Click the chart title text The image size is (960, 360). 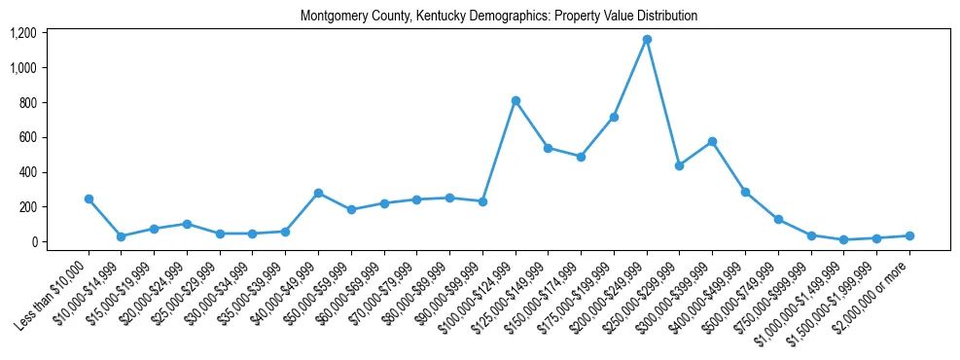pyautogui.click(x=499, y=17)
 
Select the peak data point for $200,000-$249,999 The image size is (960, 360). pyautogui.click(x=647, y=40)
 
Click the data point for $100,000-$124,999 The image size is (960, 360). pyautogui.click(x=516, y=101)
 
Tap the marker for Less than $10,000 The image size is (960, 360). pyautogui.click(x=89, y=198)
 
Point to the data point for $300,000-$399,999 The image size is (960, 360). pyautogui.click(x=713, y=142)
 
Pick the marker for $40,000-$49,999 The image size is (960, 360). pyautogui.click(x=318, y=194)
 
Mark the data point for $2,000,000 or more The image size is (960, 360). pyautogui.click(x=909, y=235)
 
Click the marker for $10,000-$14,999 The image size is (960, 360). pyautogui.click(x=121, y=236)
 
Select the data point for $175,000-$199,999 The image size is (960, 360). pyautogui.click(x=614, y=117)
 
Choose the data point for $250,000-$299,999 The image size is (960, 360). pyautogui.click(x=680, y=166)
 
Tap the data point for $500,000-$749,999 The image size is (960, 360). pyautogui.click(x=778, y=220)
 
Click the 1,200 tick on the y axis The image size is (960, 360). pyautogui.click(x=22, y=33)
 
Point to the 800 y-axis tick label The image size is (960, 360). pyautogui.click(x=27, y=103)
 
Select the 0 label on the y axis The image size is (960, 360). pyautogui.click(x=33, y=242)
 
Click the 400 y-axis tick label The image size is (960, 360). pyautogui.click(x=27, y=172)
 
